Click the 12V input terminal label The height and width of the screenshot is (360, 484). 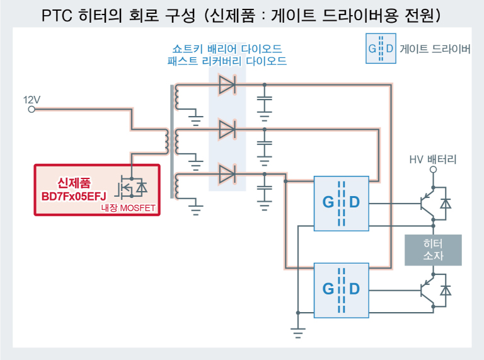coord(32,100)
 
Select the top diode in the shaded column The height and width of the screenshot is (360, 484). coord(226,84)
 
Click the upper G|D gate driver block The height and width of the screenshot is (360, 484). coord(341,202)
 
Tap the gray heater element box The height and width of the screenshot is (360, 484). coord(433,250)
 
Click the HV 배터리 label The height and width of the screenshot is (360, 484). coord(433,160)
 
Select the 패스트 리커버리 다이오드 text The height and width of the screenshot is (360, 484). coord(227,62)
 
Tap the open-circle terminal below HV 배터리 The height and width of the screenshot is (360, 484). coord(433,170)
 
